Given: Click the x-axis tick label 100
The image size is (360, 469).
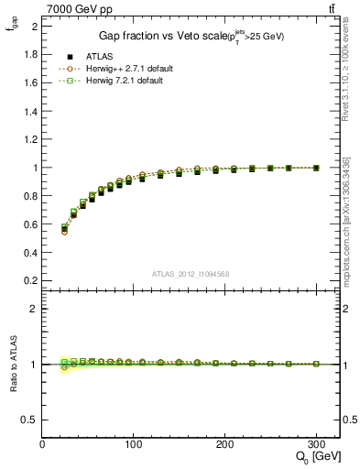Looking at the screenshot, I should [134, 444].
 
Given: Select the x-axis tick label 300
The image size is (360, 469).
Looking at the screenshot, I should [316, 444].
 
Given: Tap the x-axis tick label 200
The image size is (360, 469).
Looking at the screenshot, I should [225, 444].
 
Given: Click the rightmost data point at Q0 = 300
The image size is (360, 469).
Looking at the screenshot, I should [316, 168].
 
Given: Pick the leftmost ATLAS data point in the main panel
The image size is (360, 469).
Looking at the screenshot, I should [64, 229].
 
